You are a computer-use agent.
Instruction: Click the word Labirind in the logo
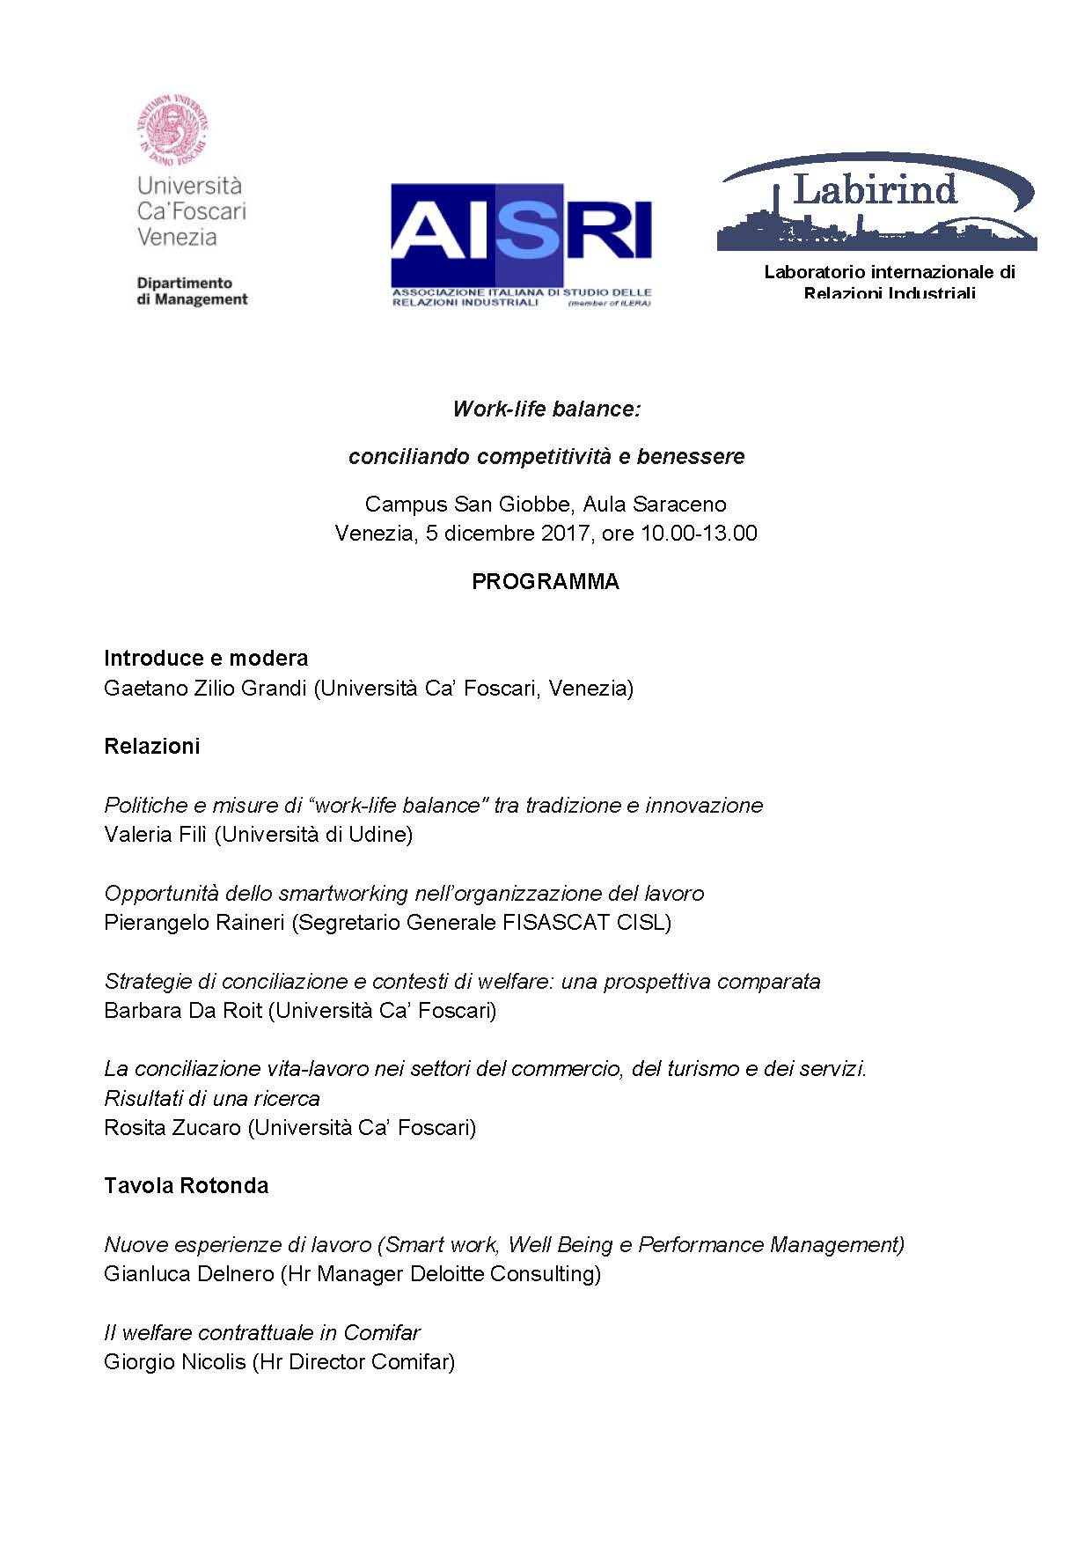pyautogui.click(x=875, y=190)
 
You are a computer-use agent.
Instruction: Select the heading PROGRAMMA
pyautogui.click(x=546, y=582)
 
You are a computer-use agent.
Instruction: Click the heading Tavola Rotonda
pyautogui.click(x=186, y=1186)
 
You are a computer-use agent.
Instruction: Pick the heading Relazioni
pyautogui.click(x=152, y=747)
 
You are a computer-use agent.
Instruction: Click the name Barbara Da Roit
pyautogui.click(x=183, y=1010)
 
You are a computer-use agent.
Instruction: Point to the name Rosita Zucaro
pyautogui.click(x=172, y=1127)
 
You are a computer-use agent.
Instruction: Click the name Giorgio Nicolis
pyautogui.click(x=175, y=1361)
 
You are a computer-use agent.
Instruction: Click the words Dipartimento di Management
pyautogui.click(x=192, y=291)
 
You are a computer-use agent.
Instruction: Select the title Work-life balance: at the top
pyautogui.click(x=546, y=409)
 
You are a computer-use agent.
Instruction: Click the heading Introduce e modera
pyautogui.click(x=206, y=659)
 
